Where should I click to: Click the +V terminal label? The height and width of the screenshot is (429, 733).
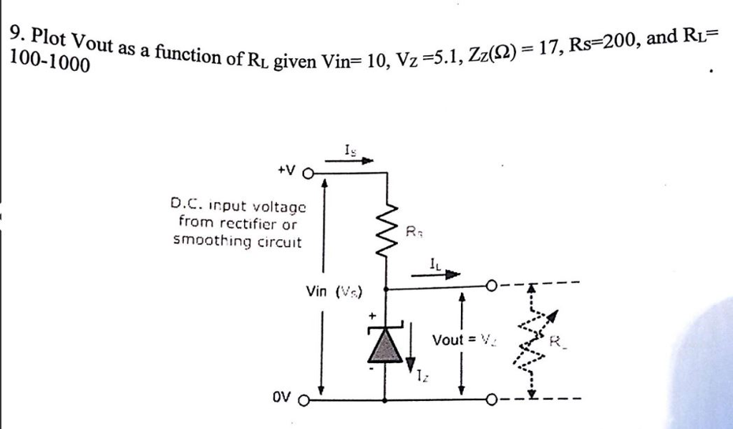[x=286, y=172]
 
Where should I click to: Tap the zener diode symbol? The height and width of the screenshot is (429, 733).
[x=387, y=344]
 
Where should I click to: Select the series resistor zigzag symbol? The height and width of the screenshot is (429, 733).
[x=387, y=229]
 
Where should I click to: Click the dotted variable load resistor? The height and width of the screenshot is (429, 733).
[x=531, y=340]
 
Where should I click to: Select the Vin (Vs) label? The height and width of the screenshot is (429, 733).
[x=334, y=291]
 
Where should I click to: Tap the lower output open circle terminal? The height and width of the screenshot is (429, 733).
[x=491, y=398]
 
